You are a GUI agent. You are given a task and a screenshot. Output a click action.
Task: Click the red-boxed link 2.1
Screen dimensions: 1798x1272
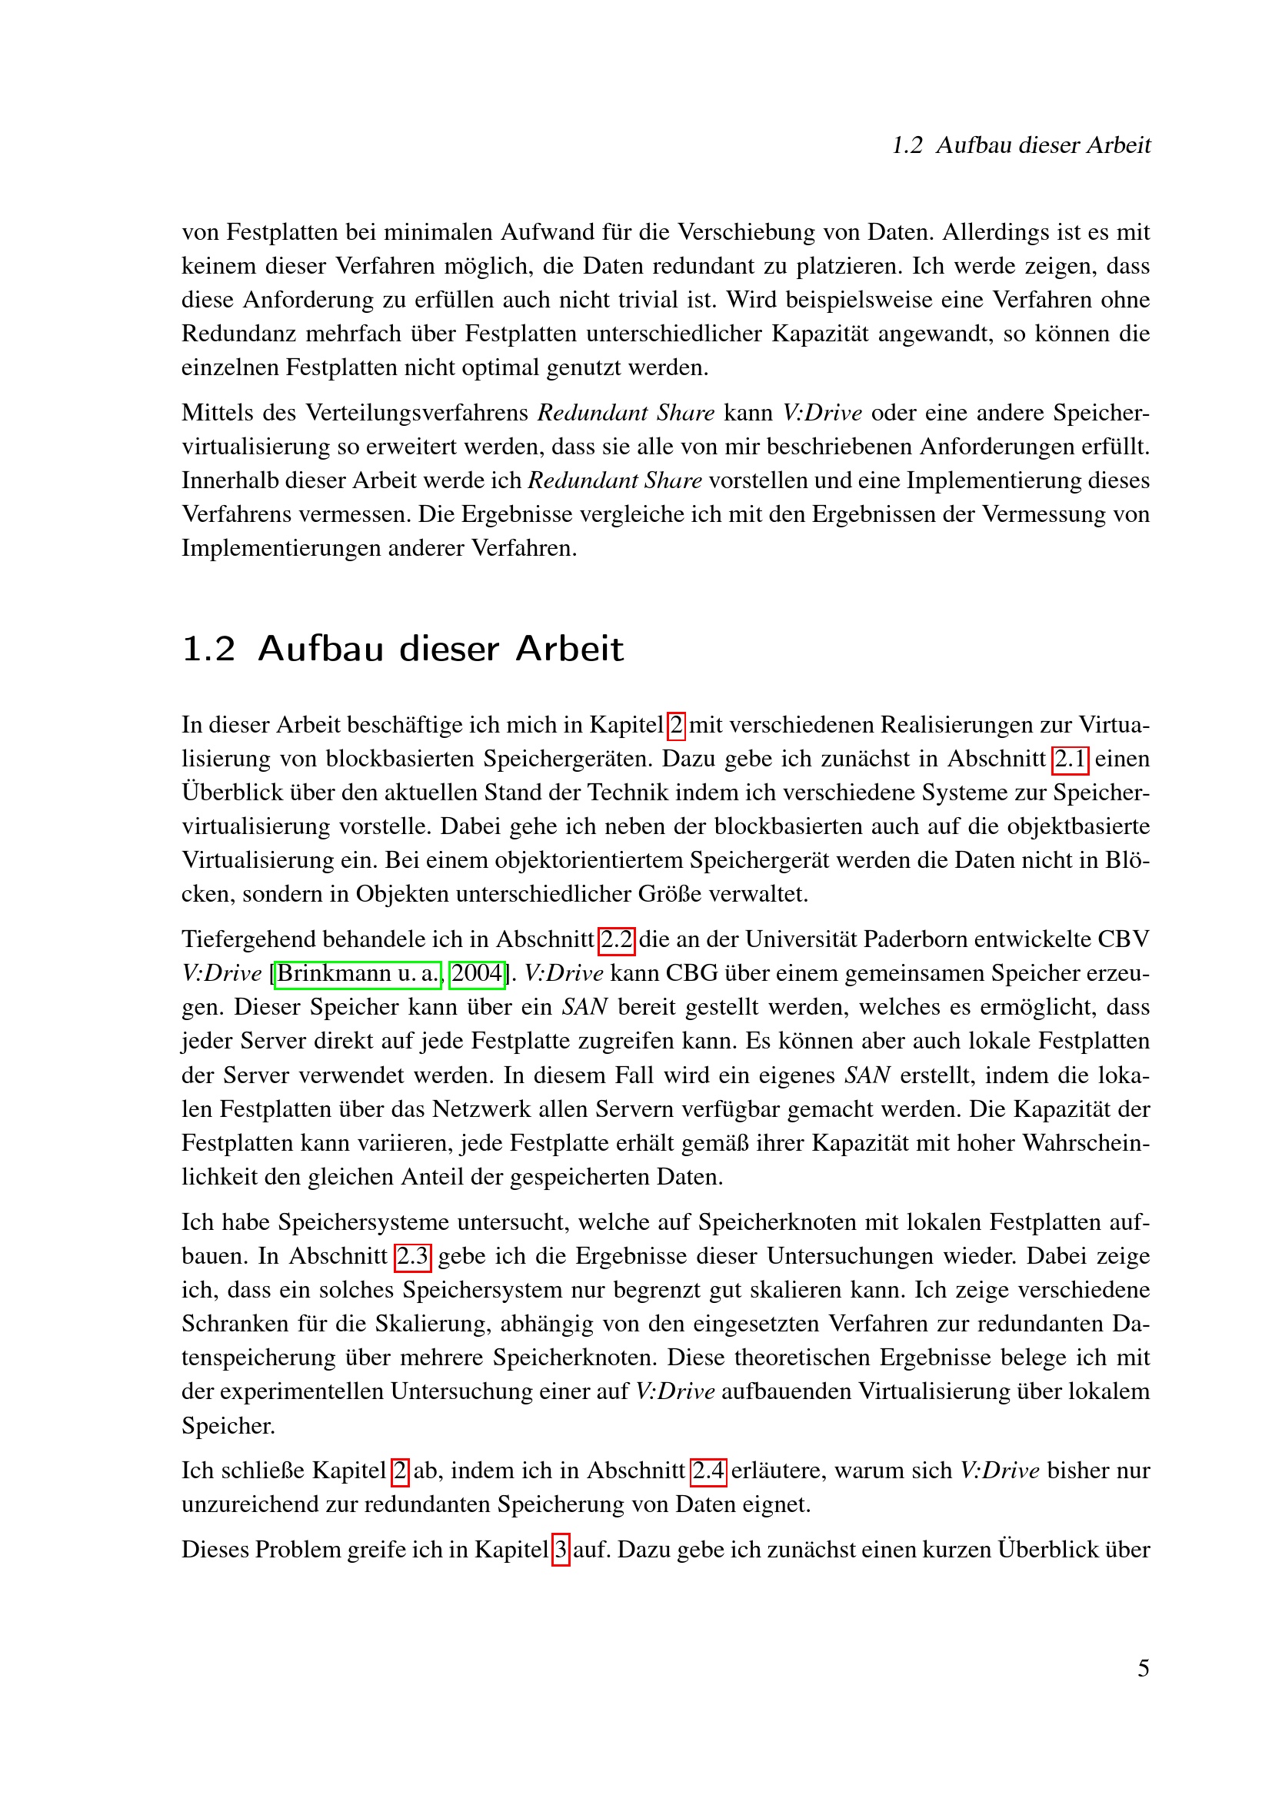pyautogui.click(x=1069, y=759)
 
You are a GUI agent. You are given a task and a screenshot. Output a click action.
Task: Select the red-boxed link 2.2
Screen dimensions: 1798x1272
pyautogui.click(x=617, y=939)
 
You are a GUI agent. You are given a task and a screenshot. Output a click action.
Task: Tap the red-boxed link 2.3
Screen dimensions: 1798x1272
pyautogui.click(x=412, y=1255)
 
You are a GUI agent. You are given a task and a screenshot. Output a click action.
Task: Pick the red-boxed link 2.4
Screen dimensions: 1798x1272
pyautogui.click(x=708, y=1470)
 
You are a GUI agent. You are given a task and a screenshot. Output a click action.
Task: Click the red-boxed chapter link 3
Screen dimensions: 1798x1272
pyautogui.click(x=560, y=1549)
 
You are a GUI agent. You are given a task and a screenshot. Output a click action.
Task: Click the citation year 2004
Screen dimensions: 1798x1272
pyautogui.click(x=476, y=973)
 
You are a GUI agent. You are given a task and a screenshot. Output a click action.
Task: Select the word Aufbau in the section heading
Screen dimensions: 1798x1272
pyautogui.click(x=321, y=650)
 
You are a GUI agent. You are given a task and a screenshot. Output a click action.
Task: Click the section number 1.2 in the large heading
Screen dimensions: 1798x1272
pyautogui.click(x=208, y=650)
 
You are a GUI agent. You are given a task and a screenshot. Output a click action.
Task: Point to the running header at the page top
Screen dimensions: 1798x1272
pyautogui.click(x=1021, y=145)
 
